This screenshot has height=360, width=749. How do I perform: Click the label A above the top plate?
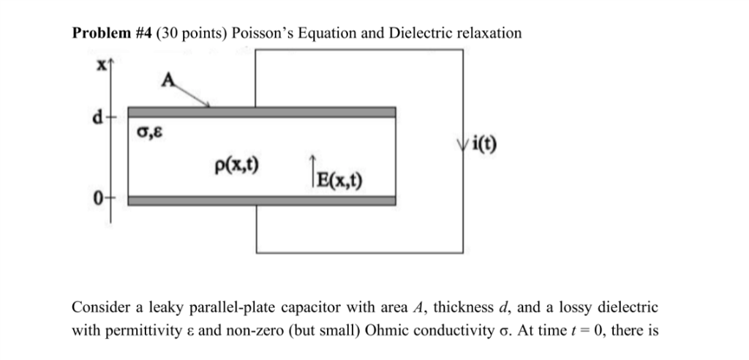(168, 83)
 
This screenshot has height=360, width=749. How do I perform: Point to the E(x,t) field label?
(339, 179)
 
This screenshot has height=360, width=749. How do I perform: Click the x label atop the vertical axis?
(102, 64)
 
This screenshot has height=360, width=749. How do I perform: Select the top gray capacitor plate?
(262, 112)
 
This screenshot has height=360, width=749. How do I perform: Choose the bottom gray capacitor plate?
(262, 200)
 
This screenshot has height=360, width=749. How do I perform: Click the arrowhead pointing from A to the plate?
(208, 105)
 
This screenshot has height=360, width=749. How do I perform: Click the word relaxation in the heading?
(489, 34)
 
